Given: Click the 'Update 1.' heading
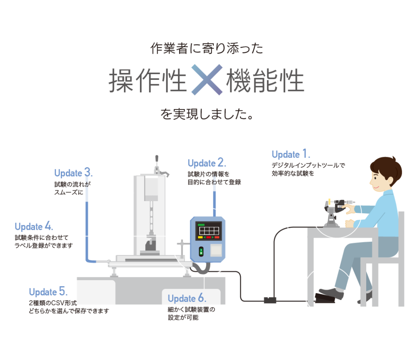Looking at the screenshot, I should click(x=290, y=154).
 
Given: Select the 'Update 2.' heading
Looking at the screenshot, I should click(x=207, y=163).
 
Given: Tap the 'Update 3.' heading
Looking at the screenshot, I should click(x=73, y=173).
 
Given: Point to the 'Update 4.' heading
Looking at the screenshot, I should click(x=34, y=226).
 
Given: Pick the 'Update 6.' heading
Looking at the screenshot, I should click(x=187, y=299).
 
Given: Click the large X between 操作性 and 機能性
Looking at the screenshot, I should click(x=206, y=79).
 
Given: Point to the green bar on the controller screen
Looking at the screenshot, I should click(x=200, y=225).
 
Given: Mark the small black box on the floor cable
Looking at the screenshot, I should click(x=270, y=300).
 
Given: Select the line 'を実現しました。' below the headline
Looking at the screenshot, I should click(x=206, y=114).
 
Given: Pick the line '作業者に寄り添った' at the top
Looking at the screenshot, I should click(x=206, y=49).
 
